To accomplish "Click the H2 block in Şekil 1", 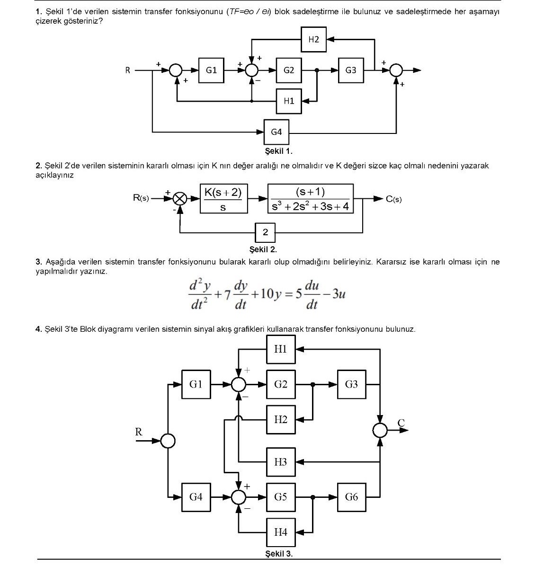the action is (x=313, y=39).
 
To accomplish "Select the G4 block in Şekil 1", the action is (x=276, y=132).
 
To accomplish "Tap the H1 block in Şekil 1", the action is (x=289, y=101).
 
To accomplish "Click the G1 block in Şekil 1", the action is (x=211, y=70).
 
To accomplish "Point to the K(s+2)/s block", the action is (x=223, y=199).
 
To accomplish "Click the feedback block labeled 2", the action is (x=265, y=233).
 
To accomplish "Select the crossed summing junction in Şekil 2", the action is (x=180, y=199).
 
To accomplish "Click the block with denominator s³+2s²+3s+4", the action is (x=311, y=199).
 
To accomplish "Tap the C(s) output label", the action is (x=393, y=199).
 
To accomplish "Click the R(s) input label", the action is (x=141, y=198).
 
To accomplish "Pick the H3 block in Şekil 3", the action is (x=281, y=462).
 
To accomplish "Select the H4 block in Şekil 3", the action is (x=281, y=532).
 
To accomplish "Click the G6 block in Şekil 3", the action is (x=351, y=497).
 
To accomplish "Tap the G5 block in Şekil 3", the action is (x=281, y=497).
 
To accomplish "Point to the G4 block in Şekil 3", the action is (x=196, y=497).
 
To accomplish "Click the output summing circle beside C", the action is (x=380, y=431).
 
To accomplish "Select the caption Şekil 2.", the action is (x=263, y=249).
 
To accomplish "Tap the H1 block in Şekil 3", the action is (x=281, y=349).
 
